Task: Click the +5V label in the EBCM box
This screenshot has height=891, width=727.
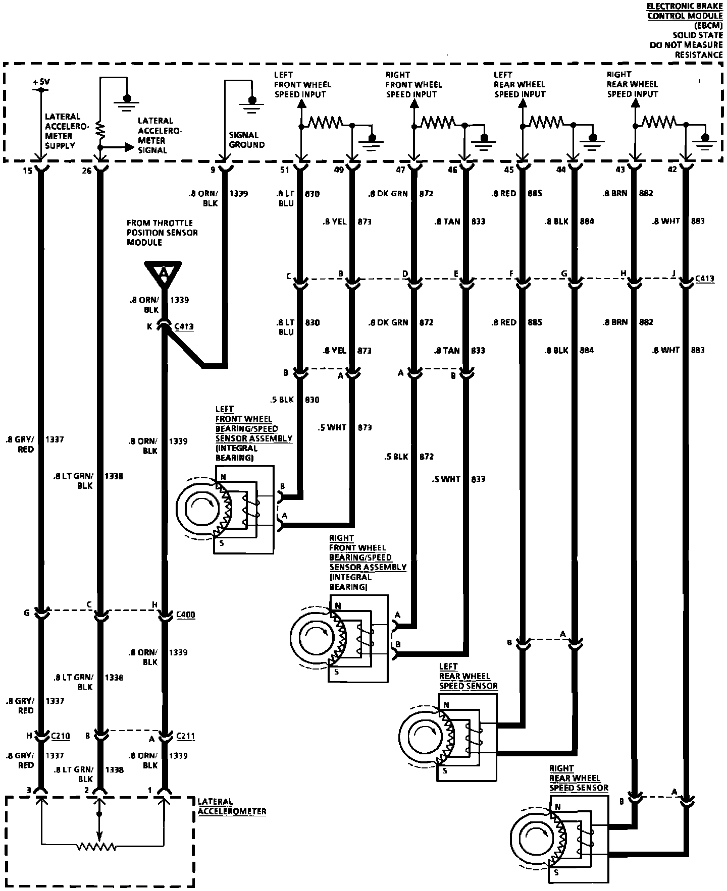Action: click(x=41, y=82)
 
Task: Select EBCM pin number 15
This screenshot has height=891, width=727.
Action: click(x=27, y=171)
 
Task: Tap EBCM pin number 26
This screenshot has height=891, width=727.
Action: click(x=87, y=171)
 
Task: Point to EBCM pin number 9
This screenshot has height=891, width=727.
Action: click(x=213, y=170)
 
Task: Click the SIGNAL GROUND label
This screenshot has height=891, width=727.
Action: click(x=246, y=140)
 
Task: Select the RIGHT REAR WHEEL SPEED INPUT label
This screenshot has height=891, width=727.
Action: click(x=632, y=84)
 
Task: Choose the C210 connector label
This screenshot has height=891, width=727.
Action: click(x=60, y=736)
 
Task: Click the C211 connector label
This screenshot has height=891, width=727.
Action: click(x=186, y=736)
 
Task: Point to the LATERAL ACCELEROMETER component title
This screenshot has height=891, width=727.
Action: click(x=231, y=806)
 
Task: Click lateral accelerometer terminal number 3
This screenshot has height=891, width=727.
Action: click(x=30, y=790)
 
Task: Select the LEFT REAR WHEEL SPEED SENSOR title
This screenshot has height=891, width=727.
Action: click(x=468, y=676)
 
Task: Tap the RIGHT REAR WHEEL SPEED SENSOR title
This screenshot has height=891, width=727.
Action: click(x=579, y=778)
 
